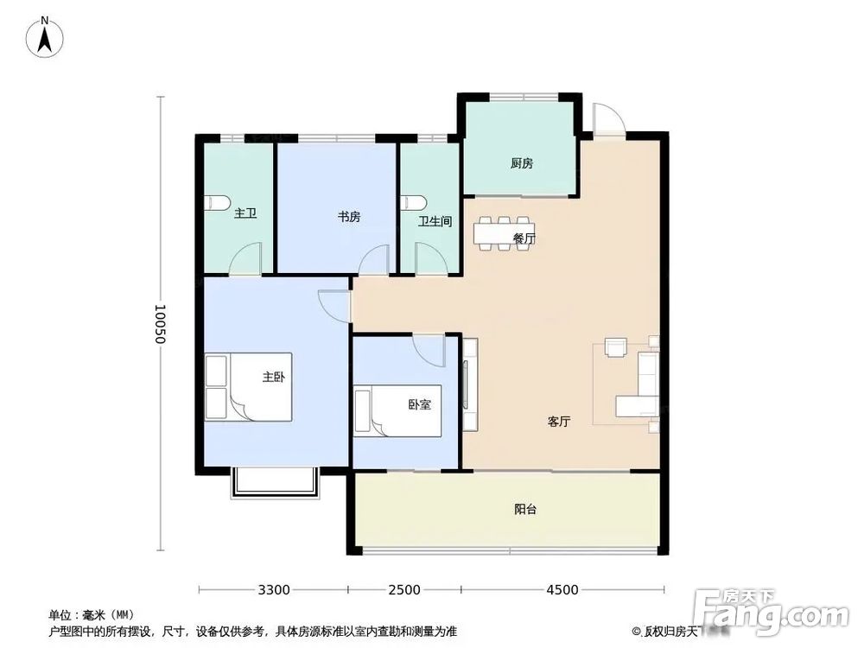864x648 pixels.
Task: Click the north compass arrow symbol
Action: (x=46, y=37)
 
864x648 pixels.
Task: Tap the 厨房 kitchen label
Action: (x=520, y=162)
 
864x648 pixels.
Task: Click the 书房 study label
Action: (x=349, y=217)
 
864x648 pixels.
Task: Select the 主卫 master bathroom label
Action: (x=245, y=213)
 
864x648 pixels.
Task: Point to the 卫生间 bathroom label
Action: (x=435, y=221)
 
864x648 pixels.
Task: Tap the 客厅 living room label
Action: (x=559, y=422)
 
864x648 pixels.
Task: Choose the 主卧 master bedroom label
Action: (x=274, y=377)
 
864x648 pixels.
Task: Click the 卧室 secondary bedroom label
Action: (x=419, y=403)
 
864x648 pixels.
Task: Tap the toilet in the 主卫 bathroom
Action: (x=217, y=204)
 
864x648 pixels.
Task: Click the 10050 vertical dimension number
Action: (x=159, y=324)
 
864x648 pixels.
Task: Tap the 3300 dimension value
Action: (x=273, y=590)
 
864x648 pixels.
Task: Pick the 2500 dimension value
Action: (x=403, y=590)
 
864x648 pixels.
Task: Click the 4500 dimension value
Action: (x=562, y=590)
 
